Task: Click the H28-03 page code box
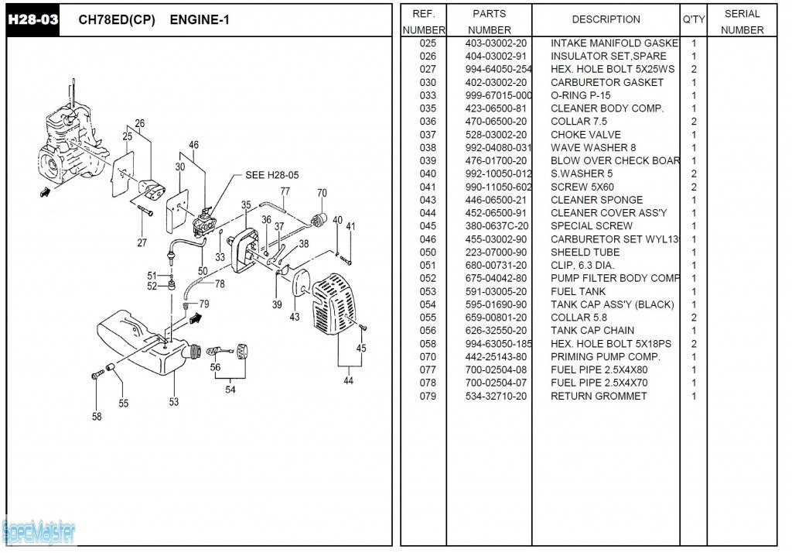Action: [x=32, y=19]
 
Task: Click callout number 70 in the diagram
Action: [x=322, y=193]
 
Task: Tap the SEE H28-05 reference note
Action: [x=271, y=175]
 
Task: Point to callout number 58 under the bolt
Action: [x=97, y=416]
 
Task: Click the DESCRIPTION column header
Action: [x=606, y=19]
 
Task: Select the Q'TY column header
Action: [x=693, y=19]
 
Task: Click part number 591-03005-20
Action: [x=496, y=291]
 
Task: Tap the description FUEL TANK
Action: [x=578, y=291]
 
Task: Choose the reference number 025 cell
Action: [x=428, y=43]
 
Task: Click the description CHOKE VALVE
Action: [x=585, y=135]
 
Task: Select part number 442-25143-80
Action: [x=496, y=357]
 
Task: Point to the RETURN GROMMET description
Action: [x=599, y=396]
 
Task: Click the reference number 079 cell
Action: [x=428, y=396]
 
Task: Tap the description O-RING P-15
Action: [x=580, y=95]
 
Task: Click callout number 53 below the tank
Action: [x=174, y=401]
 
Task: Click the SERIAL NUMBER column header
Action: [x=742, y=22]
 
